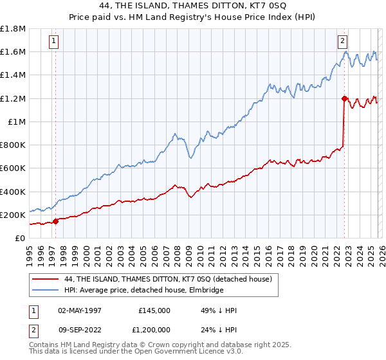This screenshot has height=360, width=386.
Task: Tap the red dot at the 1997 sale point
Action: click(56, 221)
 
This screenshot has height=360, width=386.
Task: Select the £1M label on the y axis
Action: click(17, 122)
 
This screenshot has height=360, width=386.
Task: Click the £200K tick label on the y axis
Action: click(13, 215)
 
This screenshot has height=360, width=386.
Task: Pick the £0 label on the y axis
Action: click(19, 238)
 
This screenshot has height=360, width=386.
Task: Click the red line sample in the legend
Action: click(46, 279)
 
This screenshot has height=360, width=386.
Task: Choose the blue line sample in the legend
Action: click(46, 291)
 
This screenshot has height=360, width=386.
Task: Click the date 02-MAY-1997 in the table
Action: click(80, 310)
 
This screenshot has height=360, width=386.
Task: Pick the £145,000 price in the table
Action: click(154, 310)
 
